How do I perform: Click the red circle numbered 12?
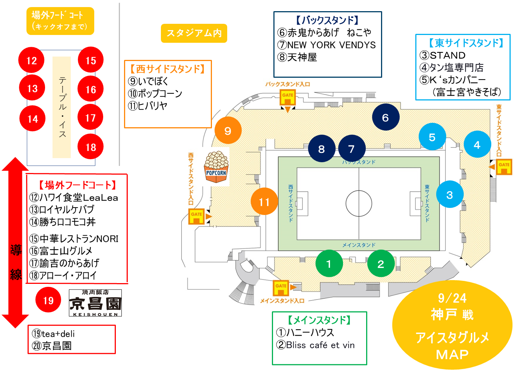[x=31, y=60]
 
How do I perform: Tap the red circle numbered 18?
[x=91, y=147]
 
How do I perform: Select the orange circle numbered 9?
[x=228, y=131]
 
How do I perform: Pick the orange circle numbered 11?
[x=264, y=202]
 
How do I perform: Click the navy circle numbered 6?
[x=385, y=118]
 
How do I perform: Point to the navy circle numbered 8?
[x=321, y=149]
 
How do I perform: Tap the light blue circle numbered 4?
[x=477, y=144]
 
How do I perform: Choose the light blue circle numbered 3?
[x=450, y=195]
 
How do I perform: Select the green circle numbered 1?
[x=329, y=264]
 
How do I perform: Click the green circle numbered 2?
[x=380, y=264]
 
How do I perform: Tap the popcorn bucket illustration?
[x=216, y=167]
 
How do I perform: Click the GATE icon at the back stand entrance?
[x=288, y=98]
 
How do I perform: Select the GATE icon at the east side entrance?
[x=504, y=166]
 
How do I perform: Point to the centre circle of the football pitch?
[x=359, y=203]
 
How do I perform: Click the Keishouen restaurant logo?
[x=95, y=303]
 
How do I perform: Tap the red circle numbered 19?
[x=48, y=300]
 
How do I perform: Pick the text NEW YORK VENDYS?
[x=331, y=45]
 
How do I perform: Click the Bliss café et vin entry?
[x=320, y=345]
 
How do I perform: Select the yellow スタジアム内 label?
[x=194, y=33]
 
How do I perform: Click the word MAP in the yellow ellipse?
[x=452, y=354]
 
